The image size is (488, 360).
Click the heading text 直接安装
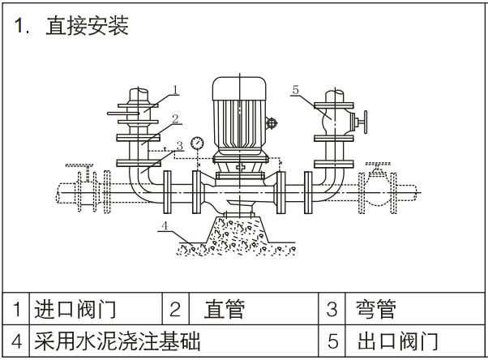tap(86, 26)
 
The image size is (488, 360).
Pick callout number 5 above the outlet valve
tap(295, 89)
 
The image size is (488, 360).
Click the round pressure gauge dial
tap(196, 144)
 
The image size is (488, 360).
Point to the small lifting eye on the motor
tap(273, 124)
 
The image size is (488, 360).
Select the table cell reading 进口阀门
tap(75, 309)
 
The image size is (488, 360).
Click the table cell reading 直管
tap(225, 309)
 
